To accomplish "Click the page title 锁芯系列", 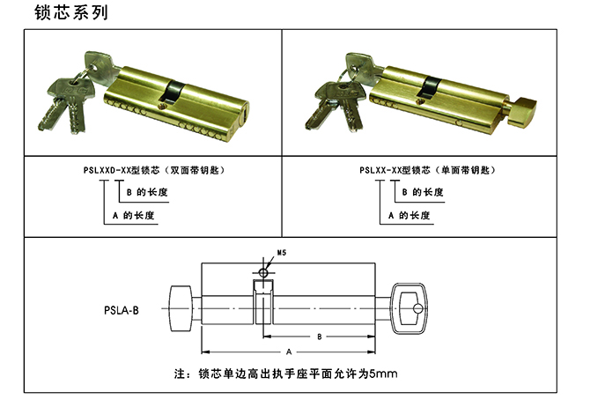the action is click(71, 12).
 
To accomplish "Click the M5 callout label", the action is click(282, 253).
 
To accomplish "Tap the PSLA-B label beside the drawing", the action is click(122, 310).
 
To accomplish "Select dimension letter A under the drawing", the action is click(289, 351).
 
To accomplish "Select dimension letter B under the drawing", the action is click(319, 337).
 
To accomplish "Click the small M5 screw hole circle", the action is click(263, 273).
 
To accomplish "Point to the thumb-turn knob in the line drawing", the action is click(181, 308).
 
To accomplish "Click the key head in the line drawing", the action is click(409, 308).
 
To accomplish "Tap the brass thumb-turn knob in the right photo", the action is click(520, 112).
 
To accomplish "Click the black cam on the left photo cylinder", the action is click(173, 91).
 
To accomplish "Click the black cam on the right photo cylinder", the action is click(430, 87).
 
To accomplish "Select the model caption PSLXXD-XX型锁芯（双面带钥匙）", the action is click(154, 170).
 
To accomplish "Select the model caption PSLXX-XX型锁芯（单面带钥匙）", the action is click(427, 170).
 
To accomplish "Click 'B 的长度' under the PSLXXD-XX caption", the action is click(147, 192).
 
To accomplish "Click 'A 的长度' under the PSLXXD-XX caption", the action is click(134, 215).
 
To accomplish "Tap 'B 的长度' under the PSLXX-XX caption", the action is click(423, 192).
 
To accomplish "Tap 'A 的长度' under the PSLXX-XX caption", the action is click(409, 215).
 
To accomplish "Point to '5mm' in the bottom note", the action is click(383, 374).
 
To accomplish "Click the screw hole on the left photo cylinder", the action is click(162, 105).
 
